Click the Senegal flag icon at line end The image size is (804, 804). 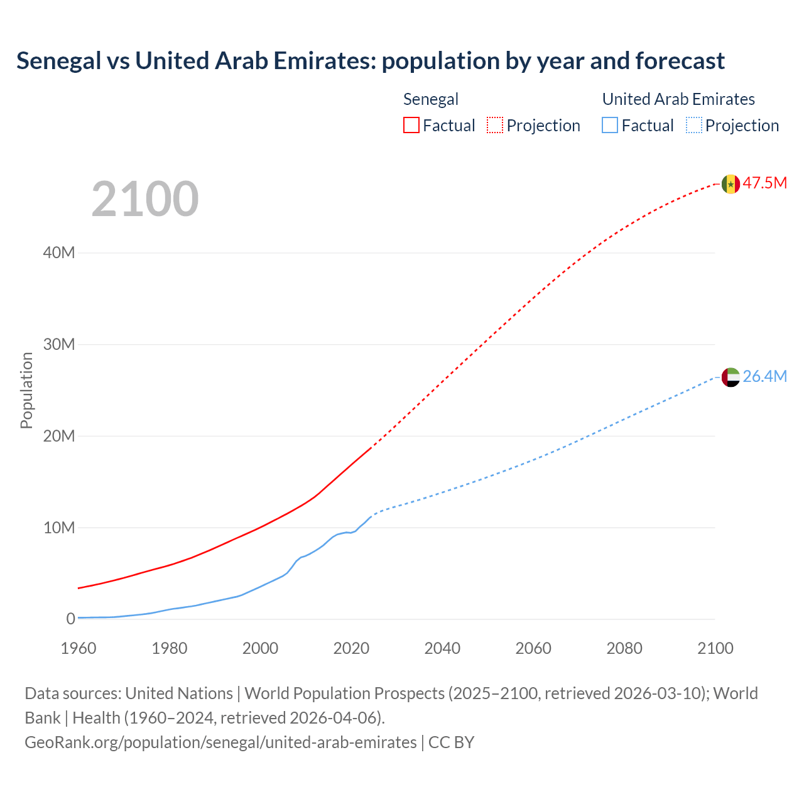coord(731,184)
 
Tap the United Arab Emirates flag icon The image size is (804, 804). coord(731,378)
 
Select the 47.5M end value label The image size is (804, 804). coord(764,183)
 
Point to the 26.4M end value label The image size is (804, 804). coord(764,376)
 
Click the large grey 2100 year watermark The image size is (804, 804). coord(145,199)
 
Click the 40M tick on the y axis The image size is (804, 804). coord(59,253)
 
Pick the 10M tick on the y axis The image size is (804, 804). coord(59,528)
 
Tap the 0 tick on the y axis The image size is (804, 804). coord(70,619)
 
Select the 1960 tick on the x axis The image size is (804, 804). coord(79,648)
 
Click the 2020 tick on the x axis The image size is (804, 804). coord(351,648)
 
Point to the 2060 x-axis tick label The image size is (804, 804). coord(533,648)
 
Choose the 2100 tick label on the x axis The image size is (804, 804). coord(715,648)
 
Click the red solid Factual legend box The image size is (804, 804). coord(411,126)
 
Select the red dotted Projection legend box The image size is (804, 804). coord(495,126)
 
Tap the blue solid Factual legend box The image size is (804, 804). coord(610,126)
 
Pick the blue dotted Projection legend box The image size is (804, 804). coord(694,126)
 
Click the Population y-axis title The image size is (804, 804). coord(26,390)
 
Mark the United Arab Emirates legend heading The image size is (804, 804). coord(678,99)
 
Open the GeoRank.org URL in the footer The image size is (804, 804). coord(220,742)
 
